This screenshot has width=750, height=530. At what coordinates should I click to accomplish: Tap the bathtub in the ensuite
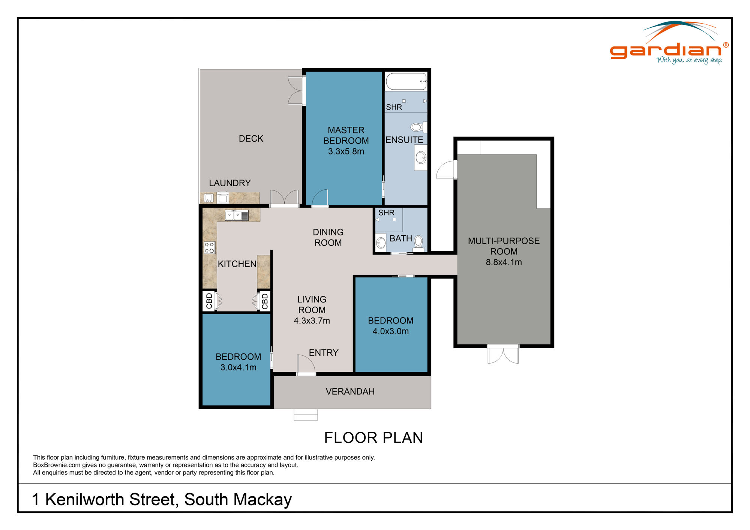(x=406, y=81)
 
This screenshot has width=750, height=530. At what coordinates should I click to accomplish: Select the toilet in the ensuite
(x=417, y=127)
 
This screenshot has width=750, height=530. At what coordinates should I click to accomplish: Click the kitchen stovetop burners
(x=209, y=248)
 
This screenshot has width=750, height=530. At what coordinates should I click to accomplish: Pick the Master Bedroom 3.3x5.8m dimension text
(x=346, y=151)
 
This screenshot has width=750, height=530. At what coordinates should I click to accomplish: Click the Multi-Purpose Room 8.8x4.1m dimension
(x=504, y=262)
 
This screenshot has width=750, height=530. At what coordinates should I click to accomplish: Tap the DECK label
(x=251, y=139)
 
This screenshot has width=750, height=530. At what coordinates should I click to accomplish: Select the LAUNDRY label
(x=229, y=183)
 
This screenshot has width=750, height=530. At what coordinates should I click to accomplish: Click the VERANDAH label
(x=350, y=392)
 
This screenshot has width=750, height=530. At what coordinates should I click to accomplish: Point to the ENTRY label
(x=323, y=353)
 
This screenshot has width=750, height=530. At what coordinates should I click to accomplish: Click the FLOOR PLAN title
(x=373, y=438)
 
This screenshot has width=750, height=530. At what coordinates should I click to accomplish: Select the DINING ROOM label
(x=328, y=237)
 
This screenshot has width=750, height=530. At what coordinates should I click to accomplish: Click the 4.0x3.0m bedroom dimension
(x=390, y=331)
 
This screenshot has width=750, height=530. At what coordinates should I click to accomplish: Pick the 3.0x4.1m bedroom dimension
(x=238, y=367)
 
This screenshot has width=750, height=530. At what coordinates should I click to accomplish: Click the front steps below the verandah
(x=306, y=415)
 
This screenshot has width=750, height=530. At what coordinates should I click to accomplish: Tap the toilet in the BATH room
(x=418, y=243)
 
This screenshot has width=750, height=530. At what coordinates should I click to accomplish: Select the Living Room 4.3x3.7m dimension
(x=312, y=321)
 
